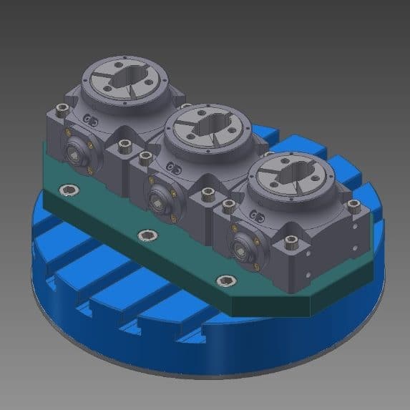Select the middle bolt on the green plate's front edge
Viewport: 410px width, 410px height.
[147, 235]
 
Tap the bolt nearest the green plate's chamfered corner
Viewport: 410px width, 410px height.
[228, 280]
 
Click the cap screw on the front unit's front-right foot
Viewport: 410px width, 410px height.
[292, 243]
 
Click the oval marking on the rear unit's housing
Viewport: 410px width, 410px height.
[89, 119]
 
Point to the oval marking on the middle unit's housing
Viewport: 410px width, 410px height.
[172, 165]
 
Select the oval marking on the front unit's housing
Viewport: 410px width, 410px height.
[256, 212]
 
